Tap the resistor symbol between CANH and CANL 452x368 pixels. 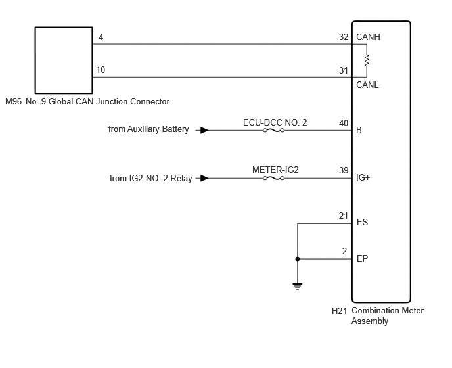(x=367, y=60)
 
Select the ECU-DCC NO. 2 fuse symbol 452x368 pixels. (x=273, y=130)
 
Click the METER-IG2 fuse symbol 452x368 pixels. (x=273, y=178)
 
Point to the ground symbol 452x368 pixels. (x=297, y=287)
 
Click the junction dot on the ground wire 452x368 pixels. (x=298, y=259)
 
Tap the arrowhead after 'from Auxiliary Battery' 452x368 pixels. (x=204, y=130)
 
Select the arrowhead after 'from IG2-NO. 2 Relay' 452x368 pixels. (x=204, y=178)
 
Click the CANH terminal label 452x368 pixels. (x=368, y=37)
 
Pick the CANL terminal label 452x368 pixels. (x=367, y=85)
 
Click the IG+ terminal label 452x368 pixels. (x=363, y=177)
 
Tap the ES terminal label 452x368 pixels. (x=363, y=222)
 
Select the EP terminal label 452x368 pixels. (x=363, y=258)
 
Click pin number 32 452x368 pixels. (x=344, y=37)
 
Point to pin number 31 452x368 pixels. (x=344, y=70)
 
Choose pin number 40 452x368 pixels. (x=344, y=123)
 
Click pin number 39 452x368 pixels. (x=344, y=170)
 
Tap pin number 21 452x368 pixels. (x=344, y=216)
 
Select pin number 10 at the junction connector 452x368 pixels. (x=101, y=70)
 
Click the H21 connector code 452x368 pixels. (x=339, y=311)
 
